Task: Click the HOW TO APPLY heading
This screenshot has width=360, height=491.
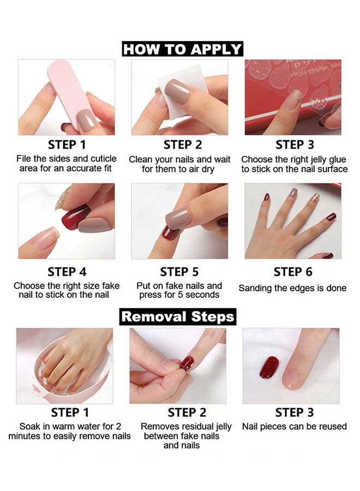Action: [182, 49]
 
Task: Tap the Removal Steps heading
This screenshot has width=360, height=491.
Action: [178, 316]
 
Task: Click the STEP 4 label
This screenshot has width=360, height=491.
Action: [67, 272]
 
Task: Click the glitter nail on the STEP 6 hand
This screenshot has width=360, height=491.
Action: [315, 199]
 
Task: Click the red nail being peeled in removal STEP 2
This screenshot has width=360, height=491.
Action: [187, 363]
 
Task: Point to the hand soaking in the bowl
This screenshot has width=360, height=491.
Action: [65, 360]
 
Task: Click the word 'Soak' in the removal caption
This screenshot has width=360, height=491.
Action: [31, 427]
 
